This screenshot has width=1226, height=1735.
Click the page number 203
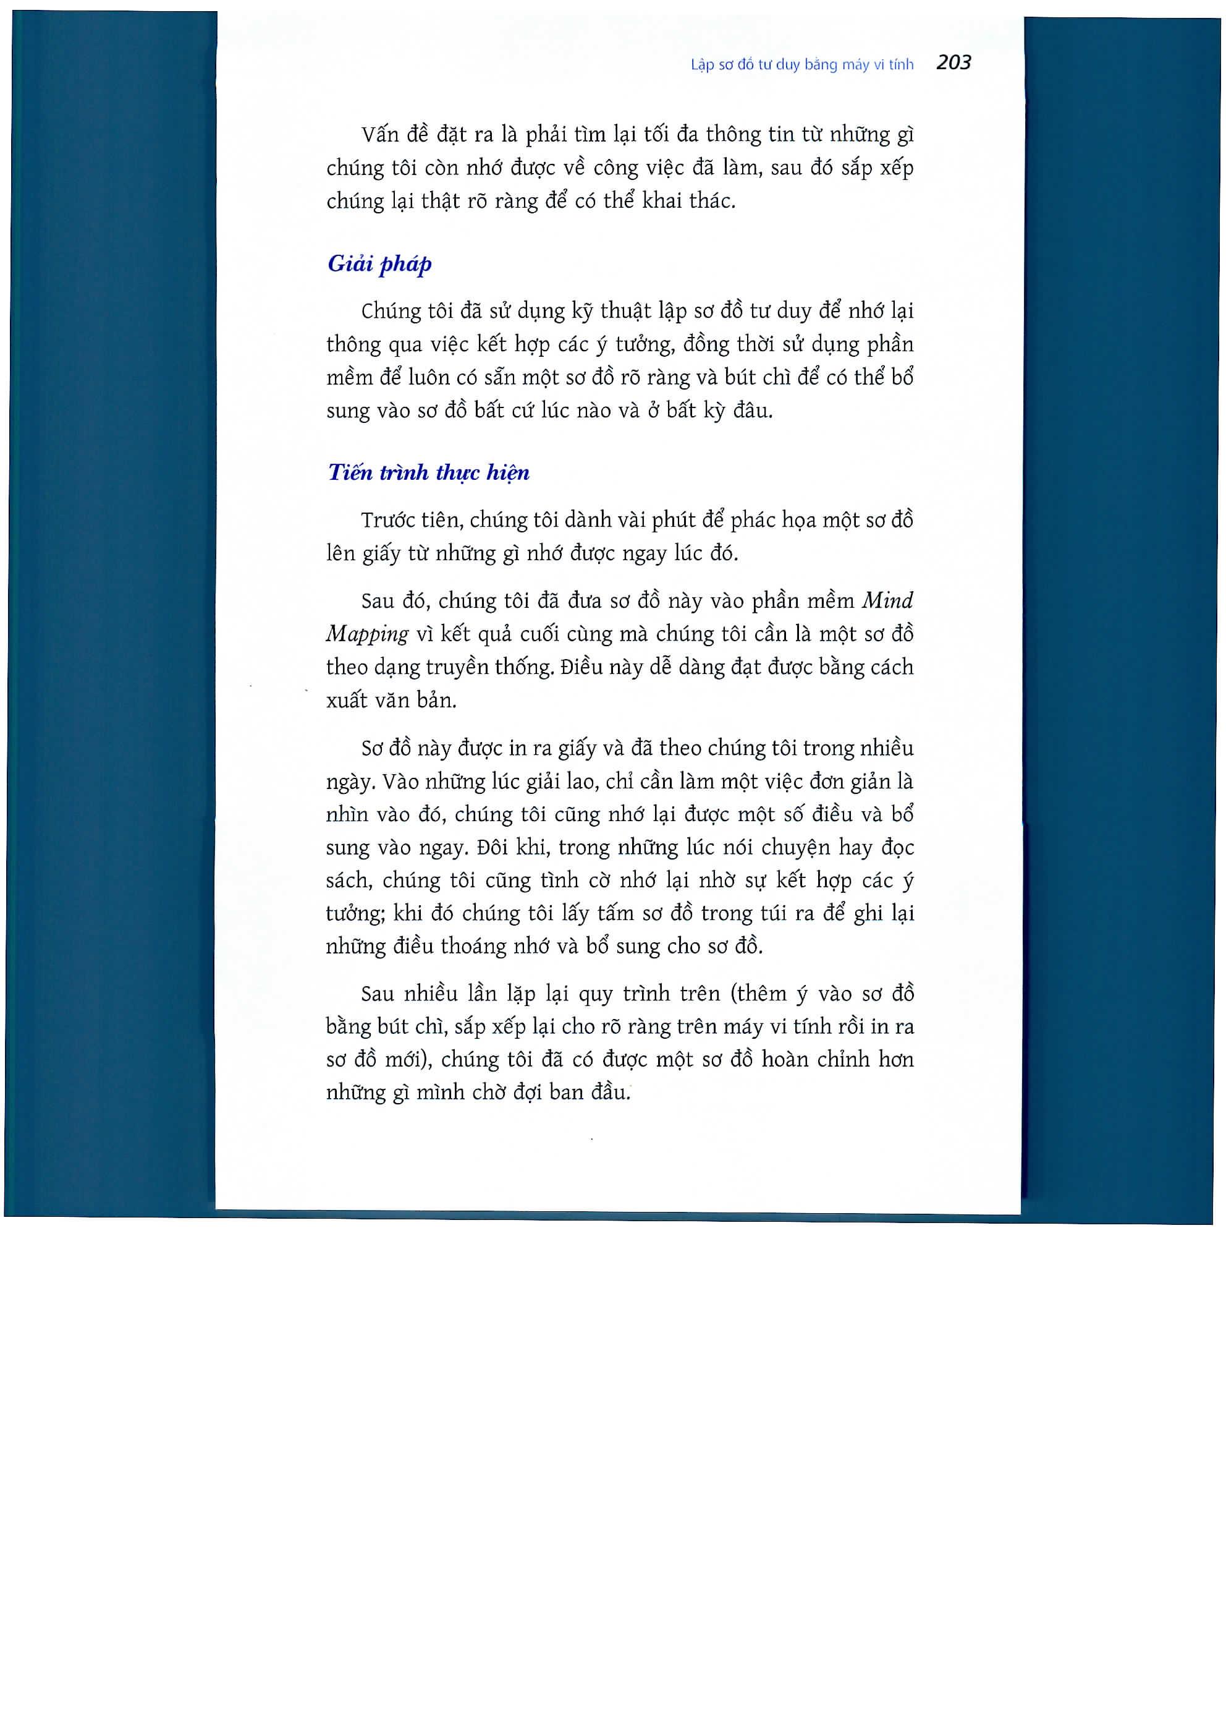953,62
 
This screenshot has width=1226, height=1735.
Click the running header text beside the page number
801,65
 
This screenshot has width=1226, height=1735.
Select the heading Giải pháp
379,264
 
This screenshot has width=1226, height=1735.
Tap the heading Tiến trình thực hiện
428,473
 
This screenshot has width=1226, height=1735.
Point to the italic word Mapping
367,634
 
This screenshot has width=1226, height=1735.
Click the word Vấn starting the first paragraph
380,135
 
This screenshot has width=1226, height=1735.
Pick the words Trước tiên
412,521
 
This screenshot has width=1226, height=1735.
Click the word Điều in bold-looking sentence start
578,667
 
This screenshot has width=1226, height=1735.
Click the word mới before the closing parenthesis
407,1060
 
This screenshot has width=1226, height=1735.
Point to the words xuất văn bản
391,701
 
